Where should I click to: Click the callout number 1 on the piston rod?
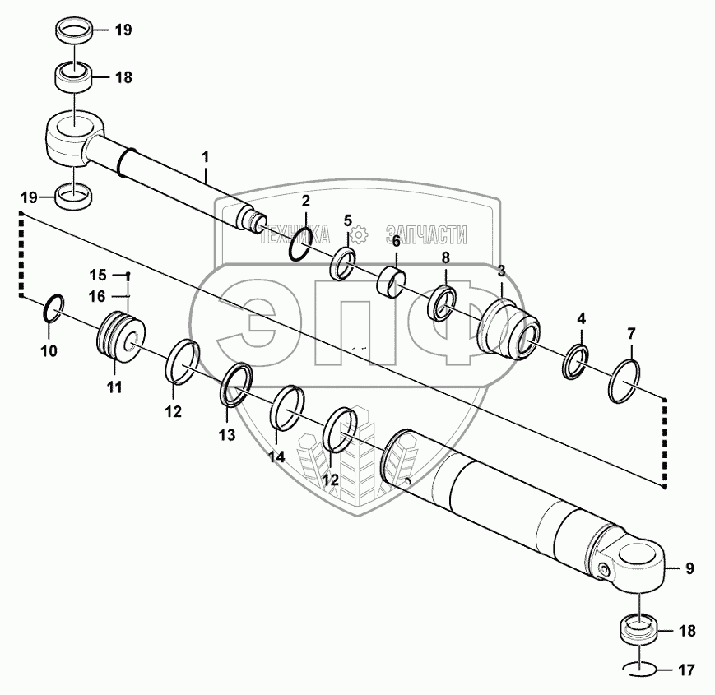[206, 155]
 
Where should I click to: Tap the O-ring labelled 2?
[300, 244]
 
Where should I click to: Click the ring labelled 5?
[343, 262]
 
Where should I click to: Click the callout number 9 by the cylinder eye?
[689, 568]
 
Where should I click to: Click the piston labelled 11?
[122, 337]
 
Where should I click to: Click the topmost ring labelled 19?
[75, 32]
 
